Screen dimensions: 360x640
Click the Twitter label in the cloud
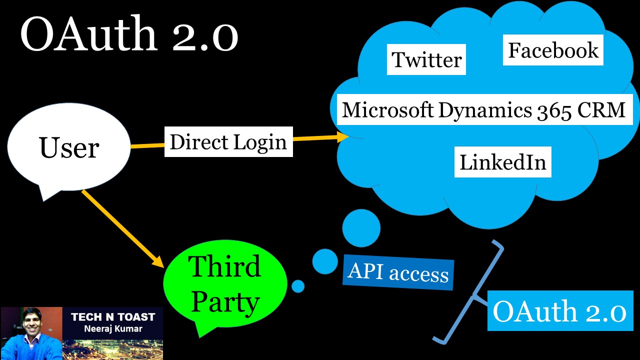click(x=426, y=59)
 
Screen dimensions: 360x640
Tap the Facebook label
click(x=553, y=50)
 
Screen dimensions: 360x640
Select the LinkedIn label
click(x=502, y=162)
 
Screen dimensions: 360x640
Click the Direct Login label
click(x=228, y=142)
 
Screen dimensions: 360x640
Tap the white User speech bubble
click(x=69, y=148)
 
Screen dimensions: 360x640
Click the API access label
click(x=398, y=273)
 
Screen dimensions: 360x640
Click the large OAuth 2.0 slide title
click(x=129, y=35)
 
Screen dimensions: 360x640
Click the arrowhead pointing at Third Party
click(x=158, y=261)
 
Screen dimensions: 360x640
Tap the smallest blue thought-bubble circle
click(x=298, y=286)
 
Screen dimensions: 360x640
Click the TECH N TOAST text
click(x=113, y=317)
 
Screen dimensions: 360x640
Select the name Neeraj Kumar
click(x=113, y=329)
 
